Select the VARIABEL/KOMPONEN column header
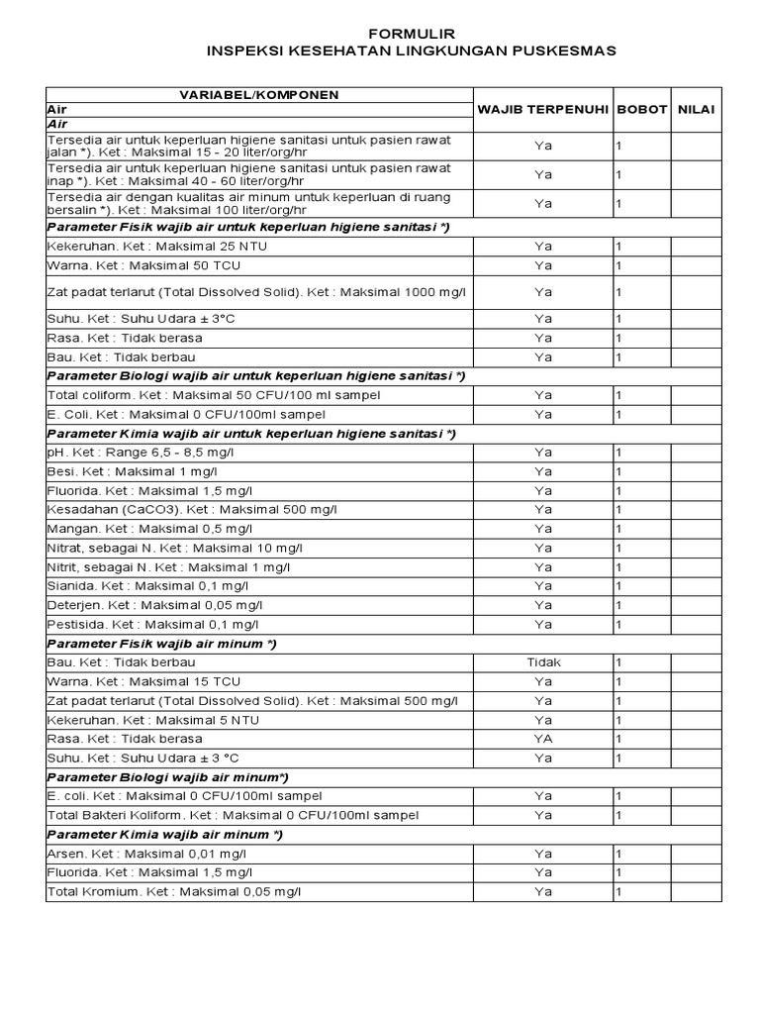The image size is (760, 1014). (258, 95)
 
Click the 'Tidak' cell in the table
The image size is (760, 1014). (543, 662)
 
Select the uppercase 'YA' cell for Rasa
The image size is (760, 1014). (543, 739)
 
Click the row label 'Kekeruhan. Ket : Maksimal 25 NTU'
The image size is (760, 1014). (144, 247)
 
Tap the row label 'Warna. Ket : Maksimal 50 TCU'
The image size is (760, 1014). (143, 266)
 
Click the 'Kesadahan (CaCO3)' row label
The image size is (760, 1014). (192, 510)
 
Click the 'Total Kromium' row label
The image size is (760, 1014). (173, 892)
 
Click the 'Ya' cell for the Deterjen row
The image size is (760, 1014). (543, 605)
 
